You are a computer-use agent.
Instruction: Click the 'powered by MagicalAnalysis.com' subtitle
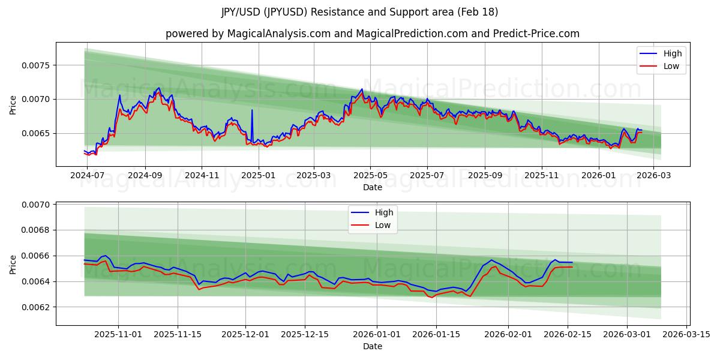click(x=372, y=34)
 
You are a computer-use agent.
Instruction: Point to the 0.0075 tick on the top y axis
click(x=37, y=65)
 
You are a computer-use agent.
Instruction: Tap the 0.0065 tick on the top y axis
click(x=37, y=133)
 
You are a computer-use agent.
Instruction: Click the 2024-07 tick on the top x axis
click(x=88, y=175)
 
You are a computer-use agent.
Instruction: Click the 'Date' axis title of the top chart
click(x=372, y=187)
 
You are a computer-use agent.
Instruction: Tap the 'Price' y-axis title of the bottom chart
click(x=13, y=264)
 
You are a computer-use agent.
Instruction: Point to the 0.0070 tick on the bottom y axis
click(x=37, y=205)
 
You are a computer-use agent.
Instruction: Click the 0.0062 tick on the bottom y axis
click(x=37, y=307)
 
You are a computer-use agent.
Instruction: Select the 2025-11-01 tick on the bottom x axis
click(x=118, y=334)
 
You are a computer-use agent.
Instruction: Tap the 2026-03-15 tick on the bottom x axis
click(x=686, y=334)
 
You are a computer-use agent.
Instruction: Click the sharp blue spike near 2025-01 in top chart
click(x=252, y=110)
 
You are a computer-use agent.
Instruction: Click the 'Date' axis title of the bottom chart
click(x=372, y=346)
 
